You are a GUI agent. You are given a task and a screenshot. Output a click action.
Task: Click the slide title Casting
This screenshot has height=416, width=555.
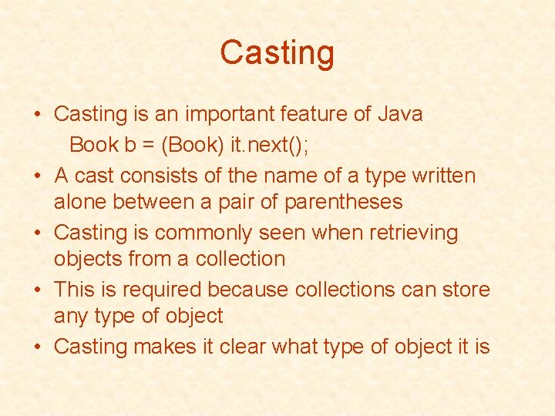[277, 53]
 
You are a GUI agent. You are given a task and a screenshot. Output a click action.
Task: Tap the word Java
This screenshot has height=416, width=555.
[400, 114]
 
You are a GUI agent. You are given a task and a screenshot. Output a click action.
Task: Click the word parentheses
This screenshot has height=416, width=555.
[344, 202]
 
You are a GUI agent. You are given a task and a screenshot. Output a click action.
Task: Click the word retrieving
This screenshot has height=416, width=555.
[408, 233]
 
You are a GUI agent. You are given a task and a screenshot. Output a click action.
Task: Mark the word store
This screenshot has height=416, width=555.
[462, 290]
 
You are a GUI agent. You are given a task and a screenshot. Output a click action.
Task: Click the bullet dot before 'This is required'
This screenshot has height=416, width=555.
[37, 290]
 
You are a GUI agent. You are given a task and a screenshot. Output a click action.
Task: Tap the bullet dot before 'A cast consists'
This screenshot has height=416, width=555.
[37, 176]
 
